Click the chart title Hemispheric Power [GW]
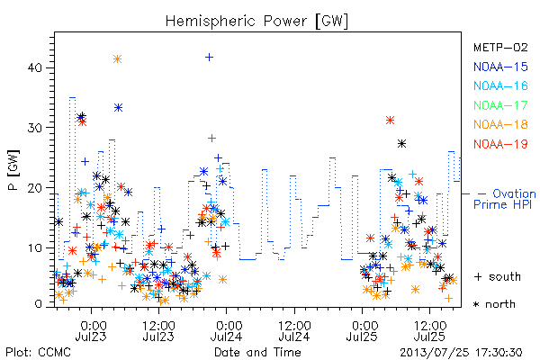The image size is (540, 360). pyautogui.click(x=256, y=22)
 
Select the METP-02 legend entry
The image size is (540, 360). pyautogui.click(x=500, y=48)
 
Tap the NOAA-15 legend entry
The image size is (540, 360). pyautogui.click(x=500, y=67)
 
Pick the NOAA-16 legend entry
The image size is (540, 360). pyautogui.click(x=500, y=85)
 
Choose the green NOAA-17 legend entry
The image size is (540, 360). pyautogui.click(x=500, y=105)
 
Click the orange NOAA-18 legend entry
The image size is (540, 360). pyautogui.click(x=500, y=124)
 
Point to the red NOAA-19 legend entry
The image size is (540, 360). pyautogui.click(x=500, y=144)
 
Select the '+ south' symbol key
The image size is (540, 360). pyautogui.click(x=498, y=276)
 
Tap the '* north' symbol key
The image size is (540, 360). pyautogui.click(x=494, y=304)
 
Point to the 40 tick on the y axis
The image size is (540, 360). pyautogui.click(x=34, y=67)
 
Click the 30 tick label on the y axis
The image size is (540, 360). pyautogui.click(x=34, y=128)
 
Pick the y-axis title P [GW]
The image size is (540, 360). pyautogui.click(x=14, y=170)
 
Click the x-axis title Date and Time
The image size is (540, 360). pyautogui.click(x=257, y=352)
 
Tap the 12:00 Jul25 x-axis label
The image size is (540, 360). pyautogui.click(x=429, y=330)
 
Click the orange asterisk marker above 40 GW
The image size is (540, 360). pyautogui.click(x=117, y=59)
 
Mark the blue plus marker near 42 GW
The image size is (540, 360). pyautogui.click(x=209, y=58)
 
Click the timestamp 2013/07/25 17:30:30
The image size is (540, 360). pyautogui.click(x=461, y=353)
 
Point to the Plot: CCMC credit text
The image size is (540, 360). pyautogui.click(x=38, y=353)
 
